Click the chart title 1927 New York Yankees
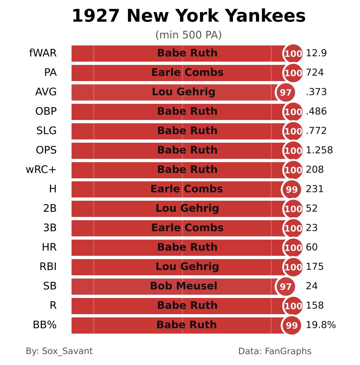coord(189,16)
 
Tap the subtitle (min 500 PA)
coord(189,35)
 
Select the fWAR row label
coord(43,53)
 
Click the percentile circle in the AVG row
coord(285,92)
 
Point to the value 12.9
coord(316,53)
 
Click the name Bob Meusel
coord(184,286)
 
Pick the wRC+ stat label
coord(41,170)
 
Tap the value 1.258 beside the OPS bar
coord(319,150)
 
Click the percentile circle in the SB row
coord(285,287)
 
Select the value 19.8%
coord(321,325)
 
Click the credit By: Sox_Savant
coord(59,351)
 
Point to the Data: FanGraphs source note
coord(275,351)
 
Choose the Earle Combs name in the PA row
coord(187,72)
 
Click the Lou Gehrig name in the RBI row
coord(187,267)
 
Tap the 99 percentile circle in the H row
coord(292,189)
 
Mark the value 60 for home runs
coord(312,247)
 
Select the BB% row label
coord(45,325)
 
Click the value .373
coord(316,92)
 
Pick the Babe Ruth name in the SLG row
coord(187,131)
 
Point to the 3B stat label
coord(50,228)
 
